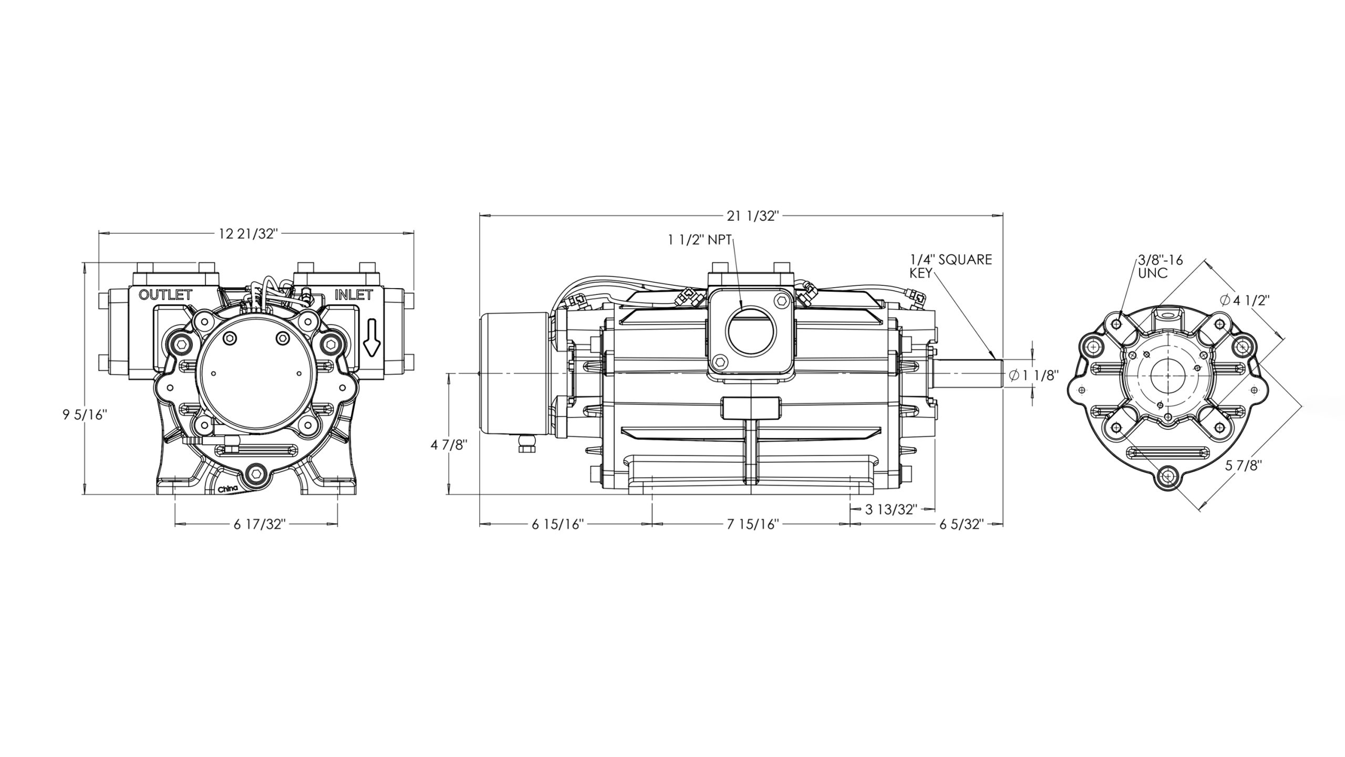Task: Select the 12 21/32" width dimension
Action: point(247,234)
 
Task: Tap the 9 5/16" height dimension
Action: point(85,415)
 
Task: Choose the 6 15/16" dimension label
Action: point(558,525)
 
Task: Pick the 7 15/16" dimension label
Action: point(752,525)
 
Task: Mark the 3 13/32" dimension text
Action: point(891,509)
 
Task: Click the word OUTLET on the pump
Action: point(165,295)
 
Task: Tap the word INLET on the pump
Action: point(354,295)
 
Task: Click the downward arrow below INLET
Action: point(370,344)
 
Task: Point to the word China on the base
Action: point(228,489)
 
